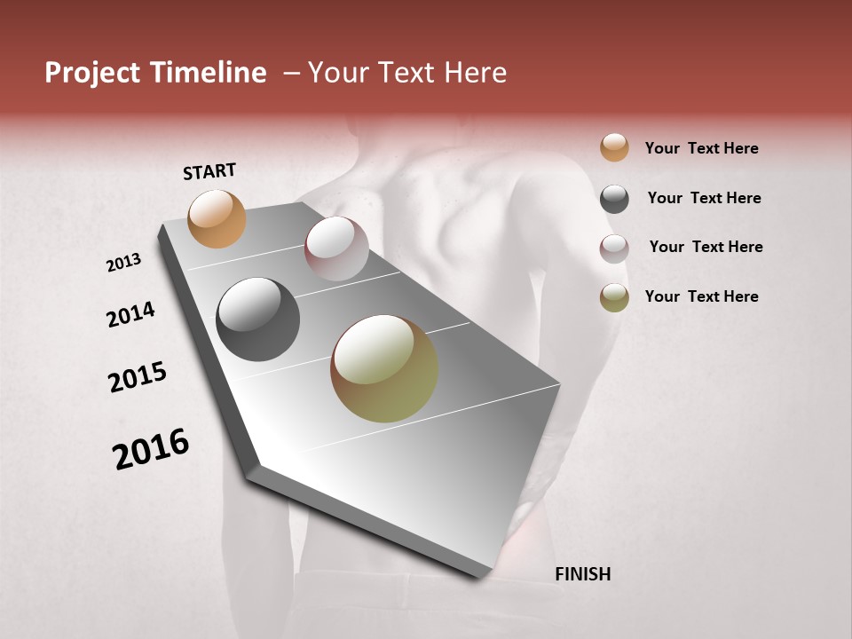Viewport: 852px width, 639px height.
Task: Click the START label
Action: tap(209, 171)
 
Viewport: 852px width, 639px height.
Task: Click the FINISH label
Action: tap(582, 574)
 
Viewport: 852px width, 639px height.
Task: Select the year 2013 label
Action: tap(124, 263)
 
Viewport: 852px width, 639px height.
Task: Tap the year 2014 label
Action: tap(130, 315)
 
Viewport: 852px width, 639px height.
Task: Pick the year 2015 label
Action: tap(138, 377)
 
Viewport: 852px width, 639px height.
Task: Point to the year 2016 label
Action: tap(151, 449)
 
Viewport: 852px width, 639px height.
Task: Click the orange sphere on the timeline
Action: tap(217, 219)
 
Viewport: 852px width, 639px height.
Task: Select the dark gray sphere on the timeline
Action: tap(257, 319)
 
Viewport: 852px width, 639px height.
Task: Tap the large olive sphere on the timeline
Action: tap(384, 368)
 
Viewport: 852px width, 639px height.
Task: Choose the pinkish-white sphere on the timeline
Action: tap(336, 248)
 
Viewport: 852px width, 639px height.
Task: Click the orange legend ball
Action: tap(614, 147)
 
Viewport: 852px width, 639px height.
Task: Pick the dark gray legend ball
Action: tap(614, 199)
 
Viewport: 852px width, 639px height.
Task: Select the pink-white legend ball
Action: tap(614, 248)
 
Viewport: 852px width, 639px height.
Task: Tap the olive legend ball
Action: tap(614, 297)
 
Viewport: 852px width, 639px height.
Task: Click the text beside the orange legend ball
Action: tap(701, 148)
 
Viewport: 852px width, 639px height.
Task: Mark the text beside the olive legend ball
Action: tap(701, 296)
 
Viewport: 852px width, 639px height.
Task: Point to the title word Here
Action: tap(475, 73)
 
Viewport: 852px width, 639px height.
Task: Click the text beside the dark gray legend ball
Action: tap(704, 198)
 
